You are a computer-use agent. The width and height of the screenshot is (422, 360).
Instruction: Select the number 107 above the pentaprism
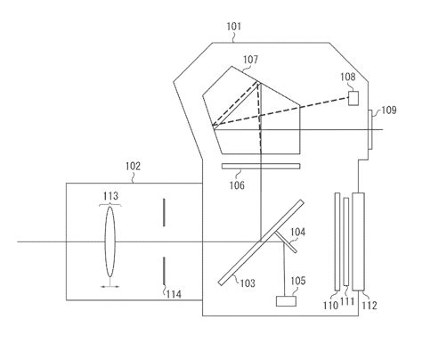(250, 60)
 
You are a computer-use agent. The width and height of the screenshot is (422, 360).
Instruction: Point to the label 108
(348, 77)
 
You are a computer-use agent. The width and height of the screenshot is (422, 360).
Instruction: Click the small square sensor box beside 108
(353, 97)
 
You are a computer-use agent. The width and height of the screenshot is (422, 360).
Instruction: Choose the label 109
(390, 110)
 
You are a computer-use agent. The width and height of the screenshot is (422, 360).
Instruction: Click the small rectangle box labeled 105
(288, 302)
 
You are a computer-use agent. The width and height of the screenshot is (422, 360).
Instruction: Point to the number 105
(296, 282)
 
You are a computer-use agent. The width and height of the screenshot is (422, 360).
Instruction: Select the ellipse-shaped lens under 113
(110, 241)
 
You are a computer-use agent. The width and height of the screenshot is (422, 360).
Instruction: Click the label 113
(112, 196)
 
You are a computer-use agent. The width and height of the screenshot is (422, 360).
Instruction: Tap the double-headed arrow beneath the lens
(110, 286)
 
